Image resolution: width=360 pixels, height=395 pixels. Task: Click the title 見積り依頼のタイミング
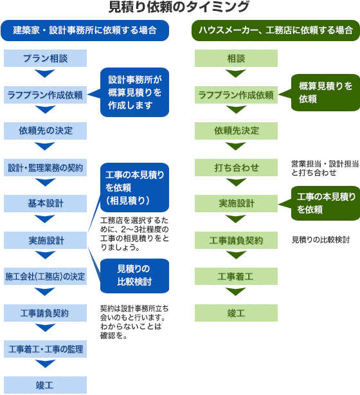(179, 7)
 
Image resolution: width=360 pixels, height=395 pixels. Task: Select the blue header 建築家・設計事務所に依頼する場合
(85, 30)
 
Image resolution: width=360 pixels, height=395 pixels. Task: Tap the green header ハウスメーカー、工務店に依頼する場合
(276, 30)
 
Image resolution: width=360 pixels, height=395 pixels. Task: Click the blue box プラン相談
(45, 58)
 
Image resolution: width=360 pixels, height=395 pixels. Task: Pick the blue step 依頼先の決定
(45, 131)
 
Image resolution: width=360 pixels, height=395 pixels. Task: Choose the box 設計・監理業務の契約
(45, 167)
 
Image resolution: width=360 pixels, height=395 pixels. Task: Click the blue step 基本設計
(45, 203)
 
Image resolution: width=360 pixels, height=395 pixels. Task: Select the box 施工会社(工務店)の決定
(45, 277)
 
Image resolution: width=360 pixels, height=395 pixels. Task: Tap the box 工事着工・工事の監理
(45, 349)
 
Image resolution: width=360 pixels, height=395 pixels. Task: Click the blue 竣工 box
(45, 385)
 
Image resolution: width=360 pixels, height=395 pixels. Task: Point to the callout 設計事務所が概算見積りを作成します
(134, 92)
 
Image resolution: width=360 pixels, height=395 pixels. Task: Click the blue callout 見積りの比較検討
(134, 276)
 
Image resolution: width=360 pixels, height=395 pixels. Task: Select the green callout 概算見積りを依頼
(325, 93)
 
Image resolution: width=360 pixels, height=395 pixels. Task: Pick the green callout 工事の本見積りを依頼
(325, 203)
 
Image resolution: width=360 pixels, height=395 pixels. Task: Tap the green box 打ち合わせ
(236, 167)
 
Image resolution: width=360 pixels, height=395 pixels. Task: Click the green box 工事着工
(236, 277)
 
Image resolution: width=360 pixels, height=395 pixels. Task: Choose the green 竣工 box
(236, 313)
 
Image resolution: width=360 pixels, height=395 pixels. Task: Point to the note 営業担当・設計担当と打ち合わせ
(325, 169)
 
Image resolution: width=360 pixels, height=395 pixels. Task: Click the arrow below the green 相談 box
(236, 73)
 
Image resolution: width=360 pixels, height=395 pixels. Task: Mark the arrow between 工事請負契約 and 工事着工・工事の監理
(45, 327)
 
